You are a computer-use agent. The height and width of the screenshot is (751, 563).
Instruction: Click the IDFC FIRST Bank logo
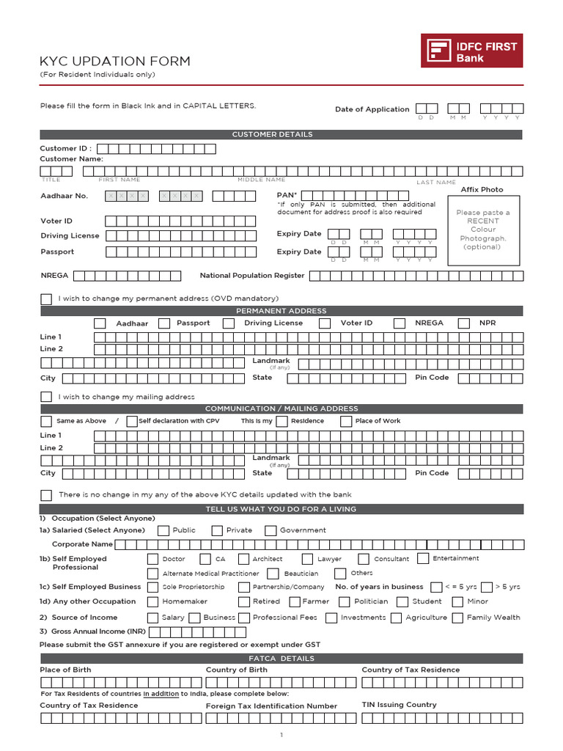471,51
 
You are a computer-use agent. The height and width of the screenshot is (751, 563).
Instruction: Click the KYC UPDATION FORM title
114,62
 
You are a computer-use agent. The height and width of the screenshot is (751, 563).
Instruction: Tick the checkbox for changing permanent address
46,298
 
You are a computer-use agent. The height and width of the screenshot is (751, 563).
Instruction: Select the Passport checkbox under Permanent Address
164,323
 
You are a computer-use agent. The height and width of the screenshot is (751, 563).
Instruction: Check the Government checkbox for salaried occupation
271,530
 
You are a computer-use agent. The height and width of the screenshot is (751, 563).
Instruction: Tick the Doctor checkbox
152,559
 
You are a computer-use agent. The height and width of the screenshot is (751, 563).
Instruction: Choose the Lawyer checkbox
307,559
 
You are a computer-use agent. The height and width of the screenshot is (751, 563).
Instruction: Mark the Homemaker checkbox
152,601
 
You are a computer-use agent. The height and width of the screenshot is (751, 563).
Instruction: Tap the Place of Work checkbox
346,421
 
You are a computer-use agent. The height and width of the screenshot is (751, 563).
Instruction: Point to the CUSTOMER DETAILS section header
281,134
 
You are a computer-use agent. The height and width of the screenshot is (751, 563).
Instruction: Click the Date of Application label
372,109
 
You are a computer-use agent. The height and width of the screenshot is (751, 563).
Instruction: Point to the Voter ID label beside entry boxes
56,221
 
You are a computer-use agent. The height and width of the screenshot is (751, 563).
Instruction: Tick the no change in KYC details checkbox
46,495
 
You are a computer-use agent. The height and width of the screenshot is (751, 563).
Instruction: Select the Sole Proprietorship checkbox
152,587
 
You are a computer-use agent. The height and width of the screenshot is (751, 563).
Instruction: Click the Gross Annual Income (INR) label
92,631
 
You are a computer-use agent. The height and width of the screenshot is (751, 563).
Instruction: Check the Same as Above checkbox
46,421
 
